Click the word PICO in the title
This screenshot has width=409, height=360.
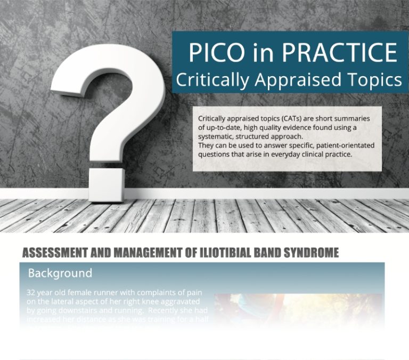212,53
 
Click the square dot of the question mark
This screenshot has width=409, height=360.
106,183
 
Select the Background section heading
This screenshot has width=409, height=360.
60,274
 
